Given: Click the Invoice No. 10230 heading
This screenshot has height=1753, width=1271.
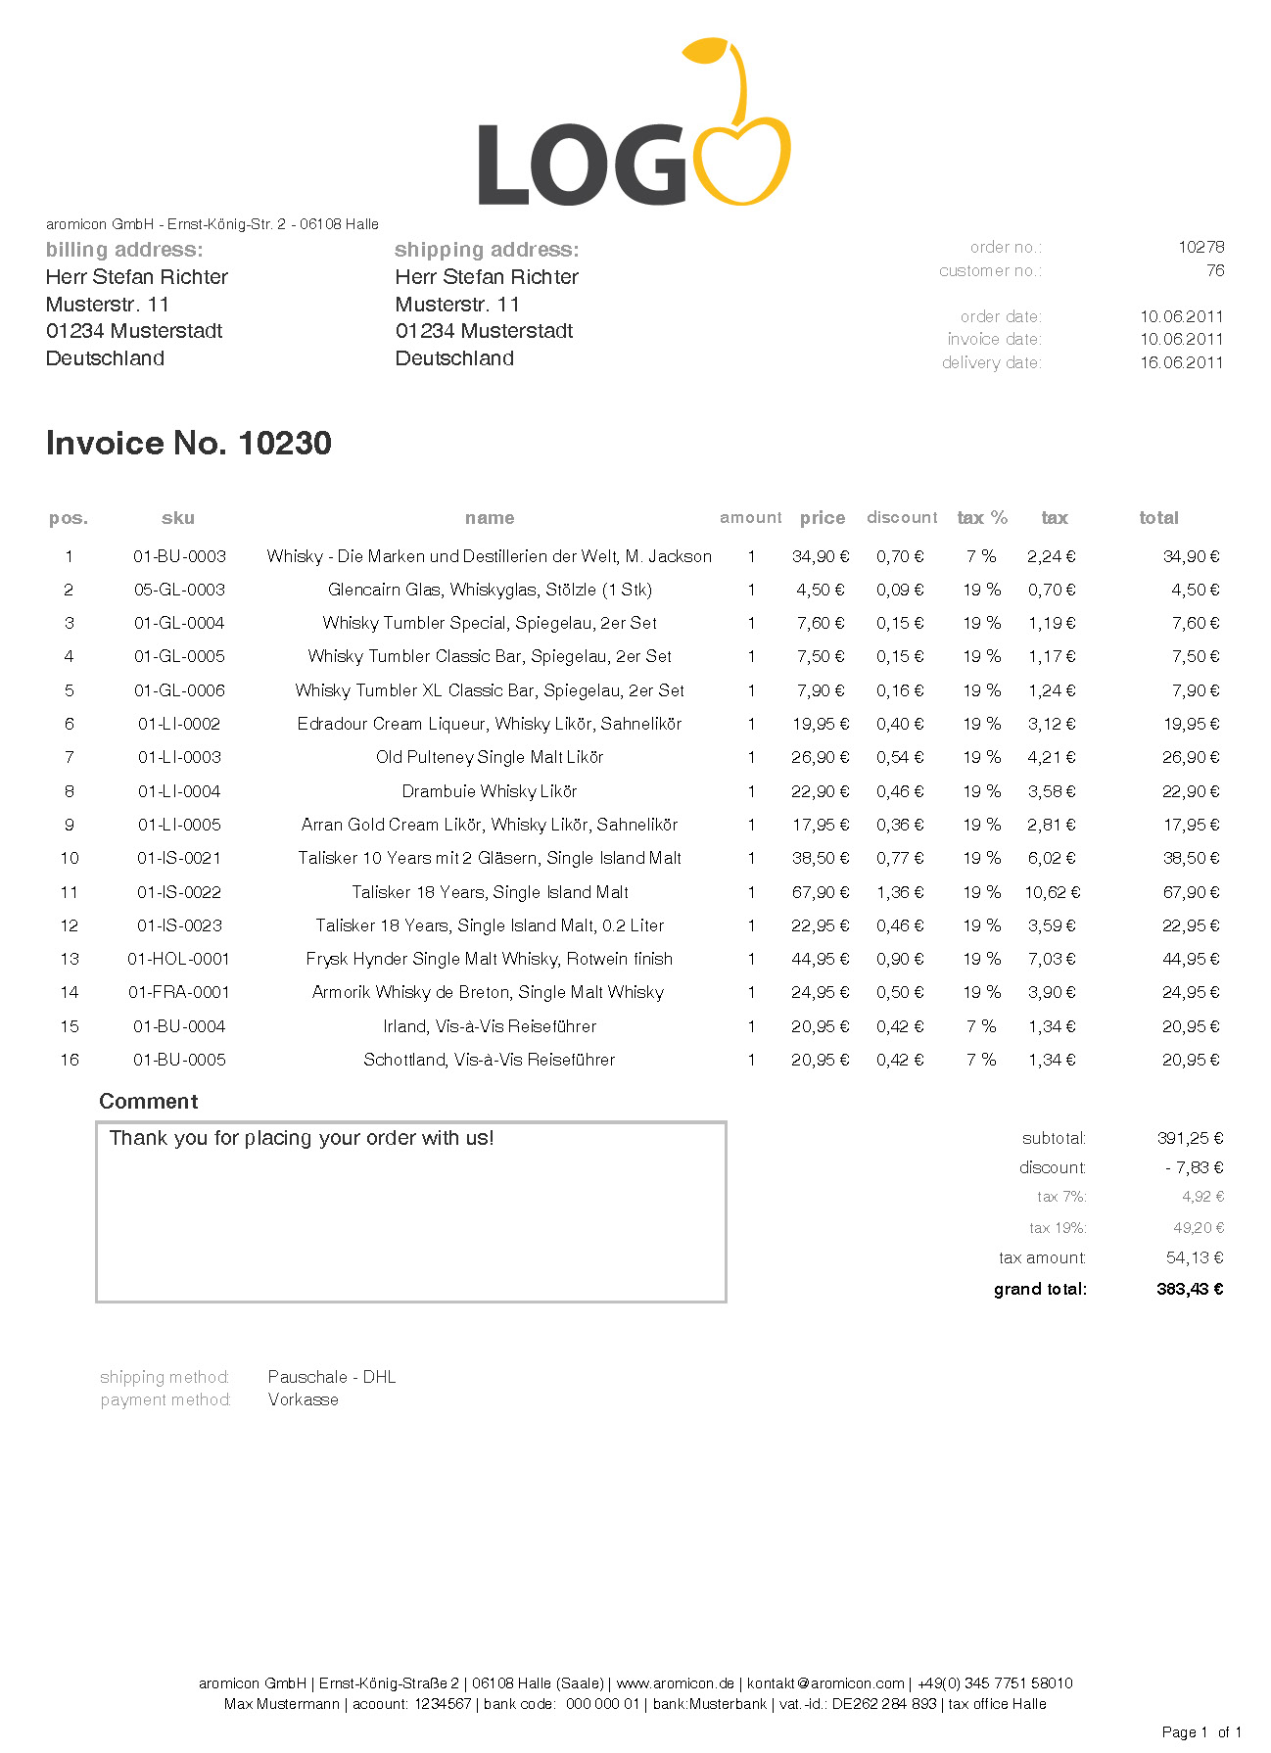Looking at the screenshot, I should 189,444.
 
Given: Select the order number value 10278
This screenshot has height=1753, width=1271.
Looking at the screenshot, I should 1200,247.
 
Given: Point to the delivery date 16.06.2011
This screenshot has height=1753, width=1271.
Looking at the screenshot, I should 1181,362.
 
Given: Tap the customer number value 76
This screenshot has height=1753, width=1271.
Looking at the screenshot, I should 1215,270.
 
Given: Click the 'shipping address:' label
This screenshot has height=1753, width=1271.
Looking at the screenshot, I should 487,250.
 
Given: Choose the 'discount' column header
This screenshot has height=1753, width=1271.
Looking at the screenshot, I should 902,517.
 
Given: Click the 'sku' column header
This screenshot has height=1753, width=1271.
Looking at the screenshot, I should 178,518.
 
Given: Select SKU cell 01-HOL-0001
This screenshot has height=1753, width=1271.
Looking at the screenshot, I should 179,959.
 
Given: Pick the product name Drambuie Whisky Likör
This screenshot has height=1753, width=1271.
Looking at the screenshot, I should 490,791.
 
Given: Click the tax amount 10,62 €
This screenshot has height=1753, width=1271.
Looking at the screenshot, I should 1053,892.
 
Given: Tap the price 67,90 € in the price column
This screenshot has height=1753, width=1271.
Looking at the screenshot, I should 821,892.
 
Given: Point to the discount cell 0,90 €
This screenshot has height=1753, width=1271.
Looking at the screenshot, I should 900,959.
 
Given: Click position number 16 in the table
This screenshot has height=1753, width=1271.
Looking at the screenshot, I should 70,1060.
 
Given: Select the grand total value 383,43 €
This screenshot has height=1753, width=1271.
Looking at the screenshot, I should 1190,1289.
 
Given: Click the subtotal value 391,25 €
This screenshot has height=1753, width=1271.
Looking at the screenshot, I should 1190,1138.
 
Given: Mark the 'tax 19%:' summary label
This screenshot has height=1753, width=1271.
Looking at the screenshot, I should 1058,1228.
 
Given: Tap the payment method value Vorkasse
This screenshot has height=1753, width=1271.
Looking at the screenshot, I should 304,1399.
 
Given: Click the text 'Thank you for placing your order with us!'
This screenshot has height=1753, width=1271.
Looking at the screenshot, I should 302,1138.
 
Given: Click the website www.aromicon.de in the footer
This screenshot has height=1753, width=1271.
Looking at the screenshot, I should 675,1683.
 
